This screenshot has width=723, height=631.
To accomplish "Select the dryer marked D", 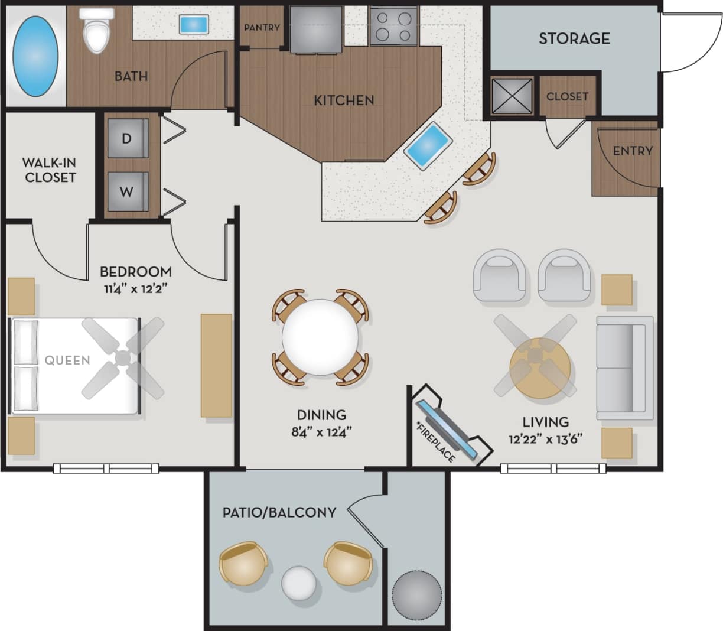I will click(x=127, y=138).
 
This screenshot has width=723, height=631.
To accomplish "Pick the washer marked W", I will click(x=127, y=191).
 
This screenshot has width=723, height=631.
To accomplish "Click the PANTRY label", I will click(x=262, y=27).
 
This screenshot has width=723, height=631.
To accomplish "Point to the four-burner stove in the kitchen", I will click(x=393, y=26).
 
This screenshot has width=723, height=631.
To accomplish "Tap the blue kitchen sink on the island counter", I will click(x=428, y=146).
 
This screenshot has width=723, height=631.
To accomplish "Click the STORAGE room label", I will click(x=574, y=38).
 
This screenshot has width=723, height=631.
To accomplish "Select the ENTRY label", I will click(x=632, y=151).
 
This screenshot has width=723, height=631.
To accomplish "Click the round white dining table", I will click(x=320, y=337).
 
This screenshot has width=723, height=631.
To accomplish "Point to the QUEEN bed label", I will click(x=67, y=360).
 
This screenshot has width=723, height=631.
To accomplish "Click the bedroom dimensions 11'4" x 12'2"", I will click(x=135, y=290).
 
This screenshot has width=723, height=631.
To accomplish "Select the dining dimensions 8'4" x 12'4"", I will click(x=321, y=432).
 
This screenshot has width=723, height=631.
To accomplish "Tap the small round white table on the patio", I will click(x=299, y=583).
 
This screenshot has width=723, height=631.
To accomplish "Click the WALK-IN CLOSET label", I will click(x=50, y=170).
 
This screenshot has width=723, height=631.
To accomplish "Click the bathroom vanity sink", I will click(x=193, y=24).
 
